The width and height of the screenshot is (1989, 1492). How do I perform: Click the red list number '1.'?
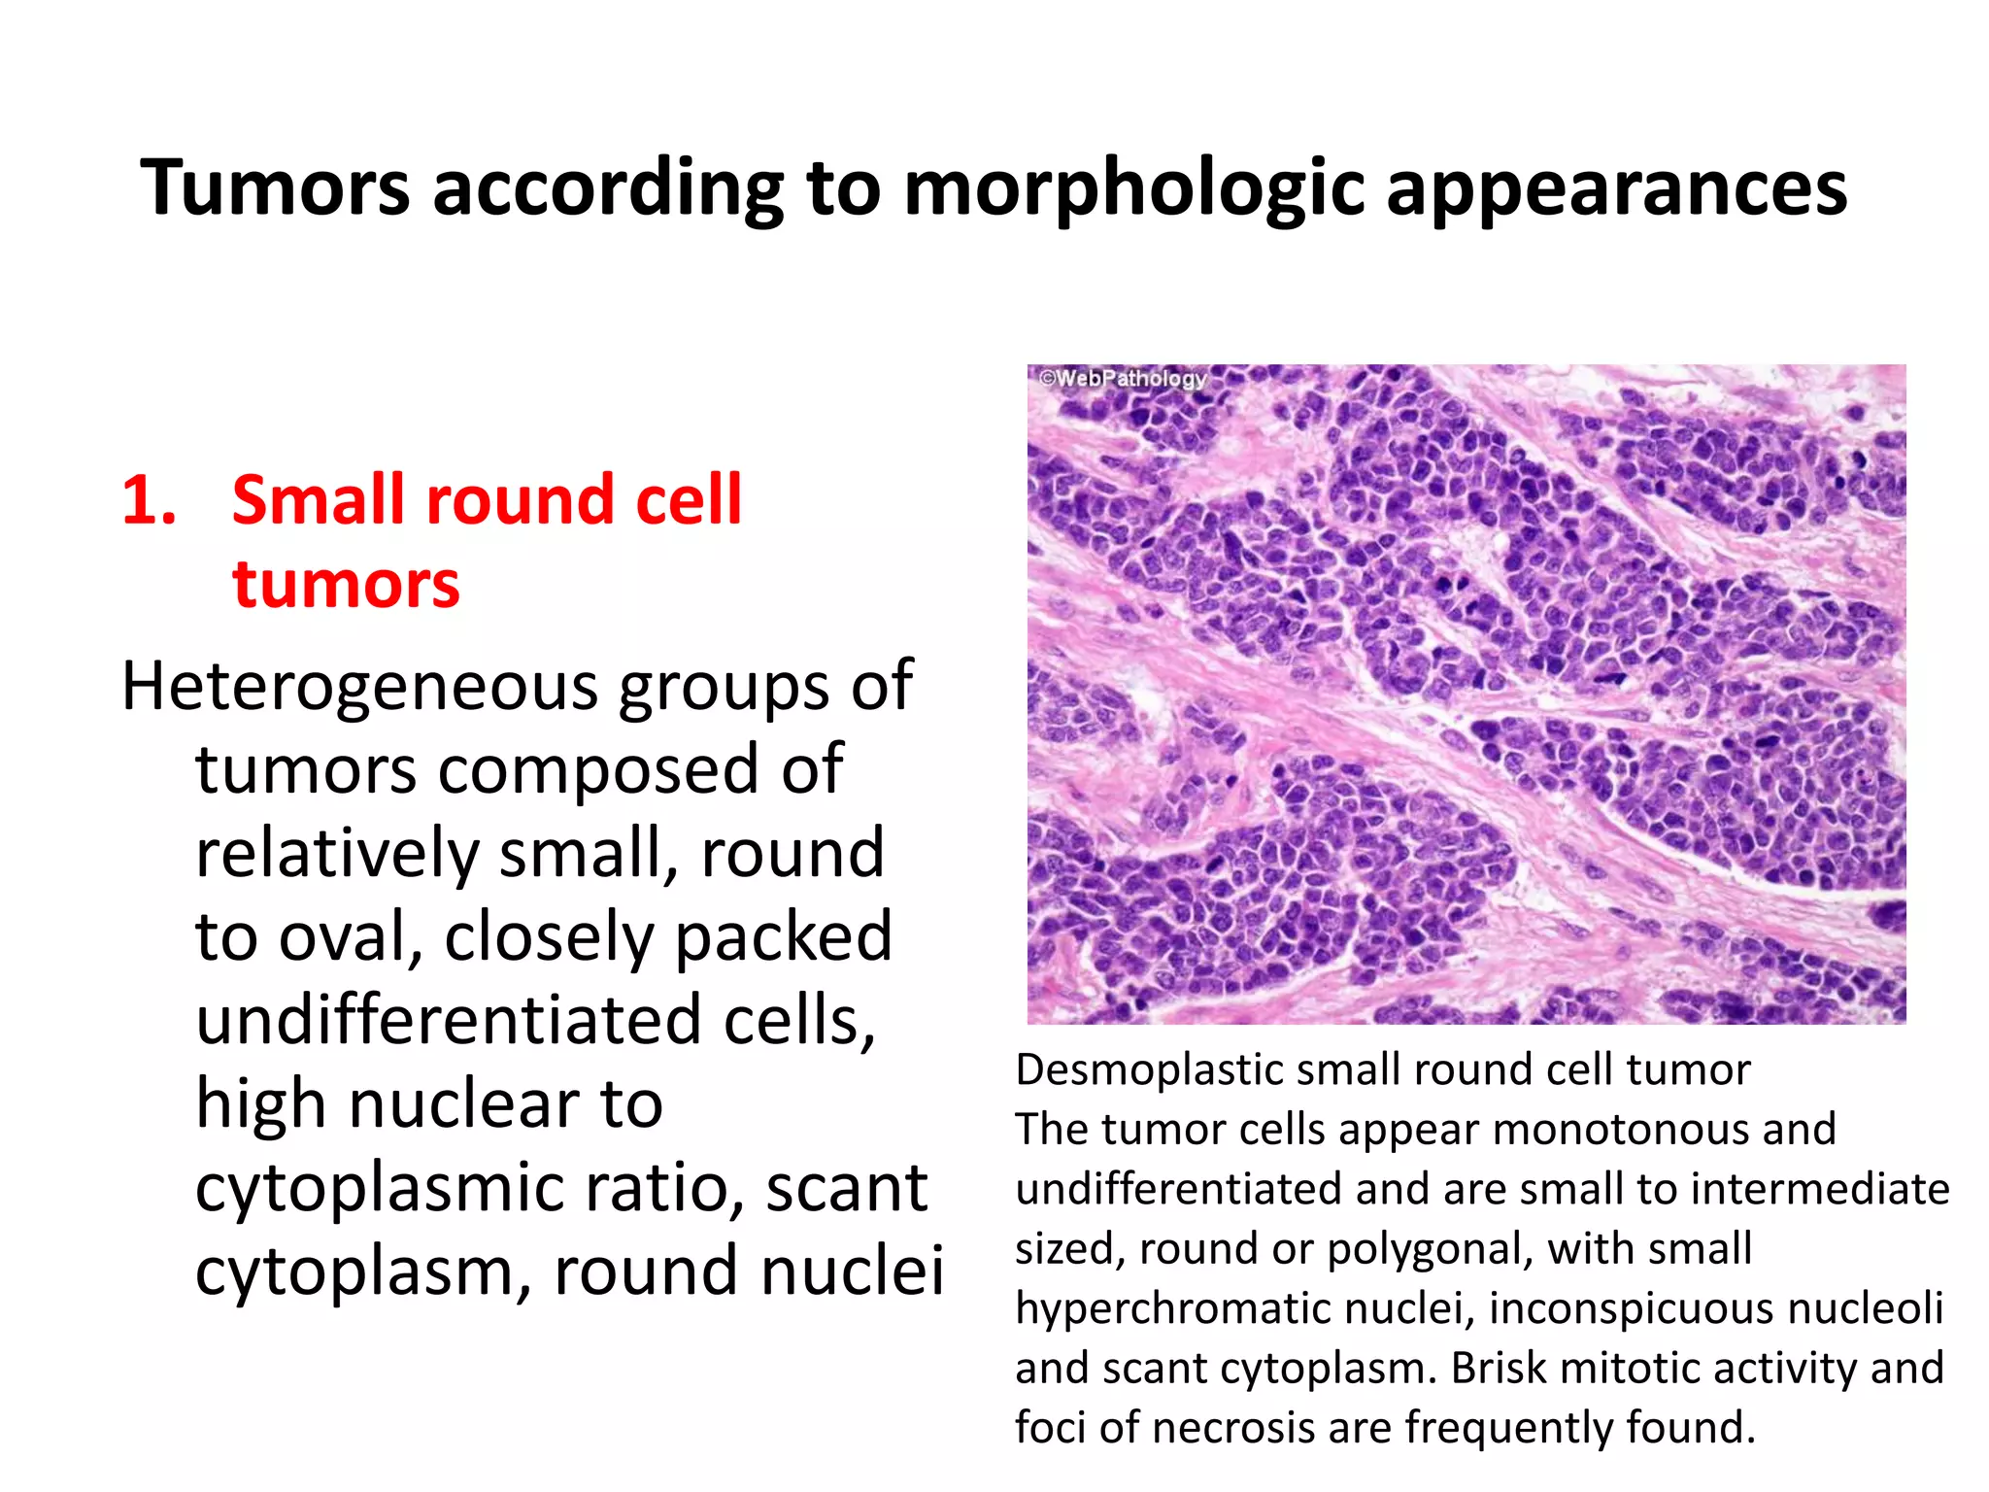[x=150, y=501]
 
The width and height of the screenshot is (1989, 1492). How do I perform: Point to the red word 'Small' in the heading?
[x=328, y=501]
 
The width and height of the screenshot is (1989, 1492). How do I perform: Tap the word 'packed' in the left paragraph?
[x=783, y=937]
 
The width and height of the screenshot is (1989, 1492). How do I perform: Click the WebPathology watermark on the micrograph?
[x=1123, y=378]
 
